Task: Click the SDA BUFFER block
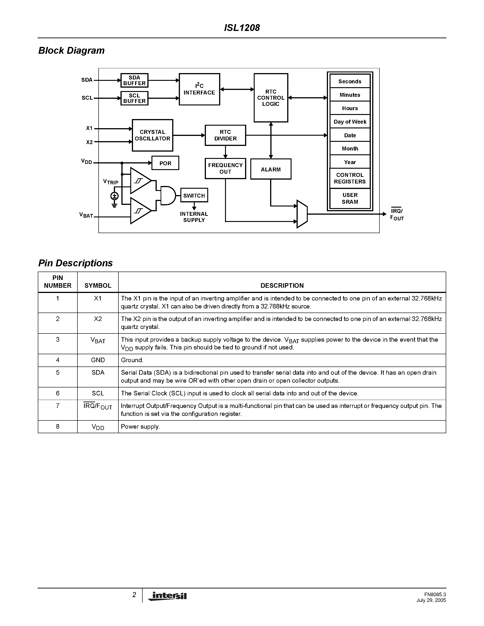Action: (x=134, y=81)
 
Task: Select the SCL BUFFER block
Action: (x=134, y=98)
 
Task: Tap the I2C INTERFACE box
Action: (x=199, y=89)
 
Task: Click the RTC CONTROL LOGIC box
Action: (x=271, y=98)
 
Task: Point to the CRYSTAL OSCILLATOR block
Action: (x=152, y=135)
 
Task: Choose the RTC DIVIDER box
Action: (x=225, y=135)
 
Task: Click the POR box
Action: (x=165, y=163)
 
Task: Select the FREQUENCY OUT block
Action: (x=225, y=168)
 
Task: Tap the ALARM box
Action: (x=271, y=169)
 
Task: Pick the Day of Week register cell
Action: (x=350, y=122)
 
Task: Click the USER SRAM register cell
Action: (x=350, y=198)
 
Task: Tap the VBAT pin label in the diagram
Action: (x=86, y=215)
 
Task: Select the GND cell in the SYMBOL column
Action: (x=98, y=360)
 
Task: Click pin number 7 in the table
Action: (x=58, y=406)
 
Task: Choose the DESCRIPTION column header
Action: (x=282, y=285)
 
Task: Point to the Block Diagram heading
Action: (x=71, y=51)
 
